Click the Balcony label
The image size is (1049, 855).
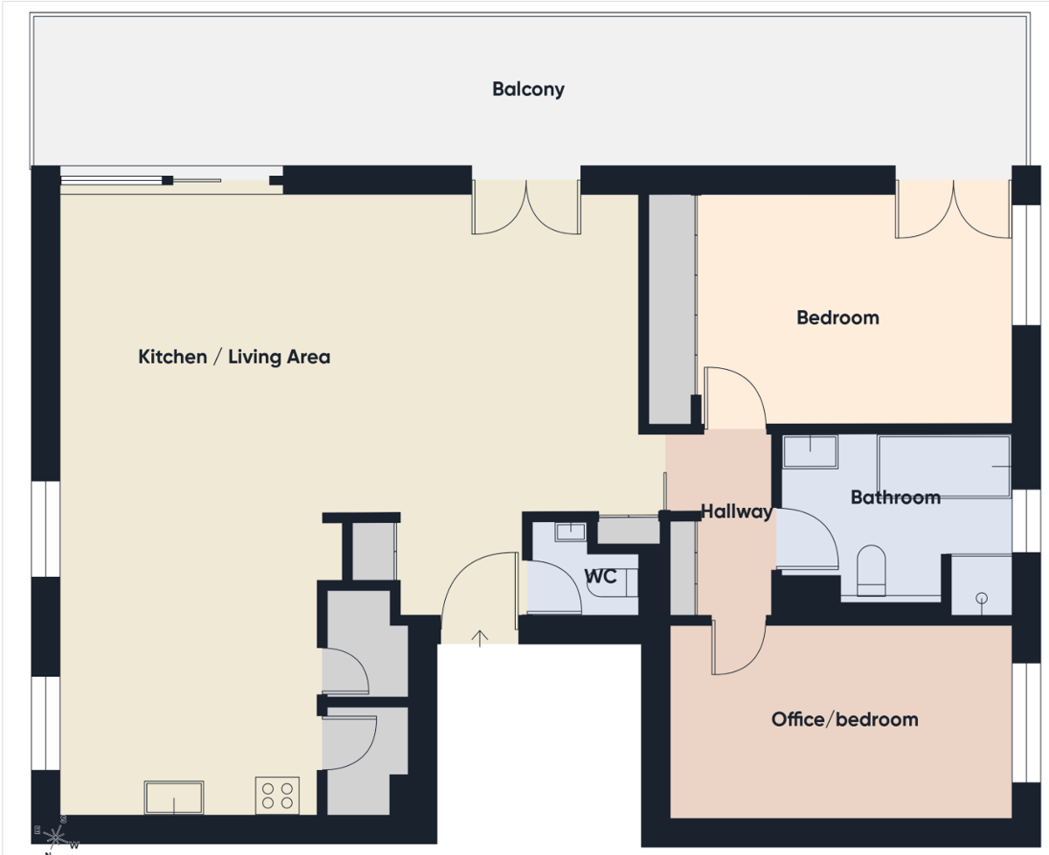(x=528, y=89)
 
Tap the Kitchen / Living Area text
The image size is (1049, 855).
(x=234, y=357)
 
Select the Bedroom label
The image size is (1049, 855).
(x=837, y=317)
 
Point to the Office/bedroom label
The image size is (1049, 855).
(x=844, y=719)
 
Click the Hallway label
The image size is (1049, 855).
(x=736, y=511)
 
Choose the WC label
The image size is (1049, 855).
(x=601, y=576)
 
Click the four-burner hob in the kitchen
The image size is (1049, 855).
(x=277, y=796)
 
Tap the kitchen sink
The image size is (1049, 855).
(x=174, y=797)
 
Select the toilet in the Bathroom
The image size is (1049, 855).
(x=872, y=571)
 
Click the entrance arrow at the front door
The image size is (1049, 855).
(x=480, y=638)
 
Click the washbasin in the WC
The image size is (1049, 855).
(x=570, y=532)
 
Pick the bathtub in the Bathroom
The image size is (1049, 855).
(x=944, y=467)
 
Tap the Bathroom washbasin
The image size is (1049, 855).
(x=810, y=451)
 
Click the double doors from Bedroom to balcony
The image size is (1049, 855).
(x=954, y=209)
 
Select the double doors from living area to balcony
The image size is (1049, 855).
(x=526, y=207)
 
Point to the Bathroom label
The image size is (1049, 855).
(x=895, y=497)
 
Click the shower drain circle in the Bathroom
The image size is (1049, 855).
(x=982, y=598)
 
